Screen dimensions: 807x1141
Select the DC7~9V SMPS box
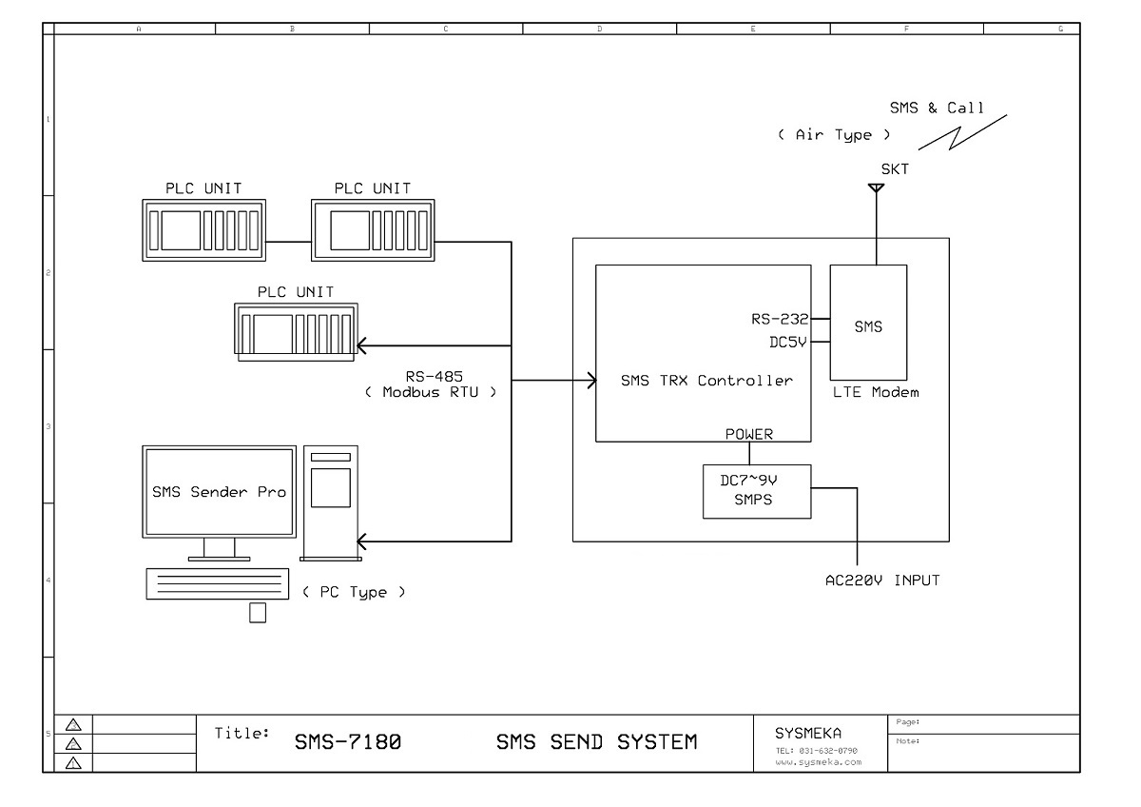(757, 491)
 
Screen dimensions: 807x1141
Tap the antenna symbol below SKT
(877, 188)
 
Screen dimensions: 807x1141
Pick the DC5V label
(787, 342)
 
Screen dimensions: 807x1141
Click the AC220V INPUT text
(881, 580)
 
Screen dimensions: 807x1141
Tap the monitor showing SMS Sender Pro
(220, 492)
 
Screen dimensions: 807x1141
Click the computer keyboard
(217, 582)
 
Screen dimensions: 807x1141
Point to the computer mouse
(258, 612)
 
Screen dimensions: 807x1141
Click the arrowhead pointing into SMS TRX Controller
(589, 381)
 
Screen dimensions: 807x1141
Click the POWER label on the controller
(749, 434)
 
